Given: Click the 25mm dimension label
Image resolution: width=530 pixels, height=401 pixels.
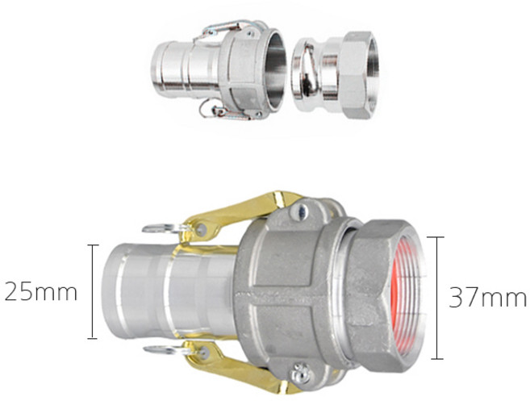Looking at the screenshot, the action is (x=40, y=292).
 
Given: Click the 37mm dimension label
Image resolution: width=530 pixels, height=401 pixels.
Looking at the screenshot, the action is (x=487, y=298).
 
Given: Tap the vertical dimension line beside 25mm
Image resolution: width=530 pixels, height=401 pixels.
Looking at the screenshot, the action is (x=93, y=291).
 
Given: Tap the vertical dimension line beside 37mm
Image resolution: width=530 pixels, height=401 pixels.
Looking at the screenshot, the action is (x=437, y=298).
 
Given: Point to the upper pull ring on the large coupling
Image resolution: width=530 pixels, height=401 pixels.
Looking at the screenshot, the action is (x=162, y=229).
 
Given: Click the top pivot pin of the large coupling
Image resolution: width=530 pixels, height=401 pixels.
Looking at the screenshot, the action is (x=299, y=212).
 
